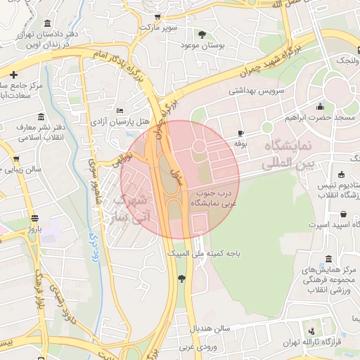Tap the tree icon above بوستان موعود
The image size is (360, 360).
point(202,34)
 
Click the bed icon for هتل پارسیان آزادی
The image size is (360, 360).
point(120,110)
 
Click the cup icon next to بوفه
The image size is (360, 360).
point(240,133)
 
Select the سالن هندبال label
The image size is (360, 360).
point(210,328)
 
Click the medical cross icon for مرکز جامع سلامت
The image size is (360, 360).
point(13,74)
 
